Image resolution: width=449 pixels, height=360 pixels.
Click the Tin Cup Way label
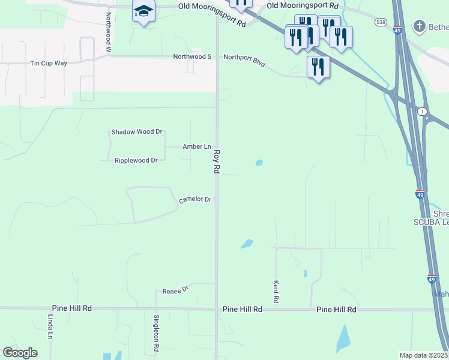pyautogui.click(x=49, y=63)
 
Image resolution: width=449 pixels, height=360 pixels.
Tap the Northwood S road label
pyautogui.click(x=193, y=56)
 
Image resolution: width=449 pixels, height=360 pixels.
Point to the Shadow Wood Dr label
pyautogui.click(x=137, y=132)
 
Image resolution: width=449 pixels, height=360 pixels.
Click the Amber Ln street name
pyautogui.click(x=197, y=146)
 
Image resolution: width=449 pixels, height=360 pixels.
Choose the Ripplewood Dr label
pyautogui.click(x=136, y=160)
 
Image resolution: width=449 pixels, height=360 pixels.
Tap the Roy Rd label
pyautogui.click(x=217, y=162)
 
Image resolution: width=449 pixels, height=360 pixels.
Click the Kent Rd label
pyautogui.click(x=276, y=292)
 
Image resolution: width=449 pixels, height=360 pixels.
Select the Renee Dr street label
pyautogui.click(x=176, y=290)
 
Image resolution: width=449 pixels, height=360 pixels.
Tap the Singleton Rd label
pyautogui.click(x=155, y=332)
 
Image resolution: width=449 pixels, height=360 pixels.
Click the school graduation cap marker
pyautogui.click(x=144, y=11)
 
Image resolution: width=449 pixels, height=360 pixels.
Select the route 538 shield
pyautogui.click(x=380, y=22)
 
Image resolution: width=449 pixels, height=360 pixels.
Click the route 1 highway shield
pyautogui.click(x=423, y=112)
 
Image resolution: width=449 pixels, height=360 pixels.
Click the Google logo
pyautogui.click(x=20, y=353)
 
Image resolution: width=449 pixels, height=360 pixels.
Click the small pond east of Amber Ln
pyautogui.click(x=259, y=162)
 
